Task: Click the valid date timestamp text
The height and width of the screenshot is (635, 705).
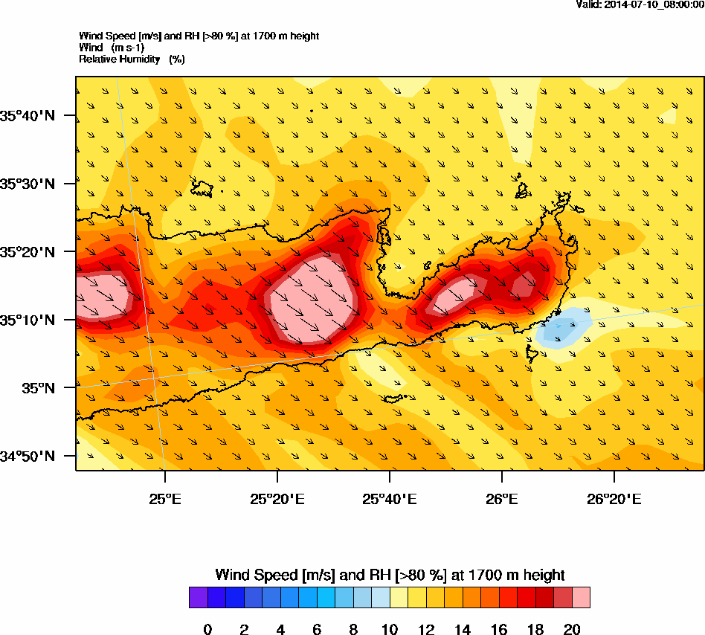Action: pos(640,4)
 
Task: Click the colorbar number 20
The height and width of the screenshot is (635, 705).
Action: pos(571,630)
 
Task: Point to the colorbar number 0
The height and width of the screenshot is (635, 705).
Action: pos(207,630)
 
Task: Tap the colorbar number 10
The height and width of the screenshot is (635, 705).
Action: pos(389,630)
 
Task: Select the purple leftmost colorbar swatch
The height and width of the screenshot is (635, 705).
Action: pos(198,598)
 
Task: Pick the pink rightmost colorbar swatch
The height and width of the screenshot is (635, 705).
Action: pos(581,598)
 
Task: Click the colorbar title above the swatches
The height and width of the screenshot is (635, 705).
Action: pos(390,575)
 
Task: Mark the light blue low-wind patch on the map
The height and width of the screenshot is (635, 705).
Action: pos(562,328)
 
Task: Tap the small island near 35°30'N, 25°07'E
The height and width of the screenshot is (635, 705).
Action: pos(202,187)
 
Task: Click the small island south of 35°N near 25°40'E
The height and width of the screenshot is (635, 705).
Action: pos(393,399)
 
